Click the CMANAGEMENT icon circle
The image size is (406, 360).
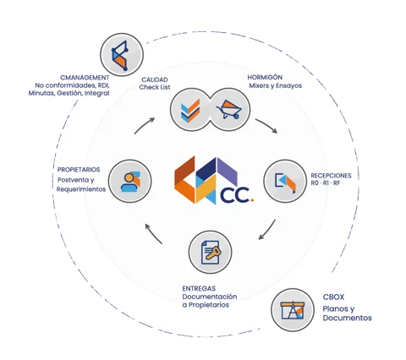(x=122, y=55)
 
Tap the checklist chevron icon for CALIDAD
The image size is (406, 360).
(x=190, y=111)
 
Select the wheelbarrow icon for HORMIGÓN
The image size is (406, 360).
(x=228, y=110)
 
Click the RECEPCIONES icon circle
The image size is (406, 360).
(x=285, y=181)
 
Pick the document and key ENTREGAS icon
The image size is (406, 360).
(x=211, y=252)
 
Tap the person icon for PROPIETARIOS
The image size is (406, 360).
(x=130, y=182)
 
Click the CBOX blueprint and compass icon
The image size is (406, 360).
(x=293, y=310)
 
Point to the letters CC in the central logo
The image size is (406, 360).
(x=234, y=195)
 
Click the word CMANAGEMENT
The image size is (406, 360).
(x=85, y=78)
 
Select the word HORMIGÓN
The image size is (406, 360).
(x=265, y=77)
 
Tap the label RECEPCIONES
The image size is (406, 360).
(x=331, y=176)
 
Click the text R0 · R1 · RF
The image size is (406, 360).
(x=326, y=183)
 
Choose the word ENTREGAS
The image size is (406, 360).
(x=199, y=288)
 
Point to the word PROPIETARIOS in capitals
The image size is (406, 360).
(x=79, y=170)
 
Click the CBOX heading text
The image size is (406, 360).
(x=333, y=297)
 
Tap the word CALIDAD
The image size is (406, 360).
(x=155, y=79)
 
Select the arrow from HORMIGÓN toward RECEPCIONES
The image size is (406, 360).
(x=266, y=125)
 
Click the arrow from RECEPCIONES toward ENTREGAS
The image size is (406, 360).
(x=267, y=231)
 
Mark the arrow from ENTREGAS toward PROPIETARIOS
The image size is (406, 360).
(x=153, y=233)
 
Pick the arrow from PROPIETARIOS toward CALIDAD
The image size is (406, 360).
(x=144, y=125)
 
